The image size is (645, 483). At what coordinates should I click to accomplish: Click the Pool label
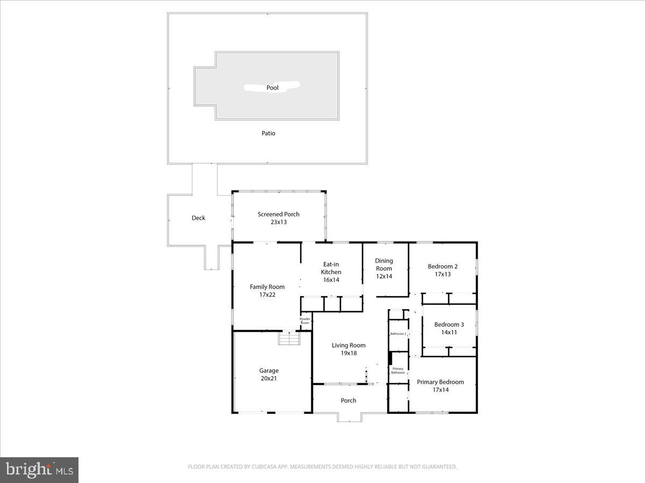273,87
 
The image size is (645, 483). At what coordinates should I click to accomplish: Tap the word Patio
268,133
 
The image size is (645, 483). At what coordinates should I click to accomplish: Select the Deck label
198,218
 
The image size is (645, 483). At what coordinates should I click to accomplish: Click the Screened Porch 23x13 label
278,218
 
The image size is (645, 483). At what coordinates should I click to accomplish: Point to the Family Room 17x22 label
267,290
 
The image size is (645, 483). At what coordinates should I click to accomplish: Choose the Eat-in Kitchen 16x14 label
331,272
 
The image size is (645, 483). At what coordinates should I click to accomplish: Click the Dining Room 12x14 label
384,268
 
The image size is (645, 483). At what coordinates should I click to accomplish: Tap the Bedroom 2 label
442,270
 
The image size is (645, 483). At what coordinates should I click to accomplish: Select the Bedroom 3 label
449,328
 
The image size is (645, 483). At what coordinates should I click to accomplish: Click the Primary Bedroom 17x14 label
440,386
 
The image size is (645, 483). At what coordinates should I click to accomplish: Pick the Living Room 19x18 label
348,349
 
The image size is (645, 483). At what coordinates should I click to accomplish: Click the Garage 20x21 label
269,374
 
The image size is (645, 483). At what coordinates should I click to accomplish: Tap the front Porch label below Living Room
348,400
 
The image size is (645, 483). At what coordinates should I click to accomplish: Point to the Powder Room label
305,321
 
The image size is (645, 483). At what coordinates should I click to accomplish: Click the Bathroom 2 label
398,334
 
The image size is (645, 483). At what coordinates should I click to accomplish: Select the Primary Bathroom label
398,370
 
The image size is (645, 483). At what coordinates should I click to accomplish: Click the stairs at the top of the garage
289,339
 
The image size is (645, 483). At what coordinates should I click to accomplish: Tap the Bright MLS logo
39,470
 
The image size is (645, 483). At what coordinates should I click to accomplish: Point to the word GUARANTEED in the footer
438,467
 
